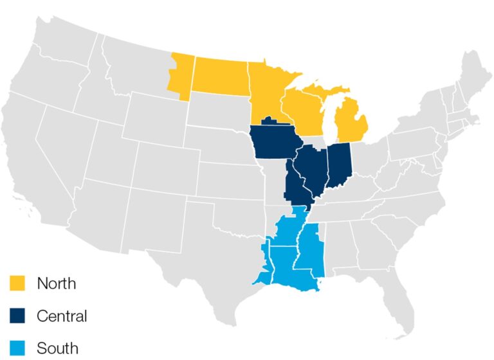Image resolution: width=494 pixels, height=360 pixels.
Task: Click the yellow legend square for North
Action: coord(17,283)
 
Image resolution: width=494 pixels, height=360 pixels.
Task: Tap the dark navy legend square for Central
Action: coord(17,316)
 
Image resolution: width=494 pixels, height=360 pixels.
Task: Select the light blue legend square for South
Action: coord(17,348)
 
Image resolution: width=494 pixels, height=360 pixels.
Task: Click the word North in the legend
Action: coord(57,283)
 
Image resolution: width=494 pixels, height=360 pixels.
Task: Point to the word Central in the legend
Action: coord(62,316)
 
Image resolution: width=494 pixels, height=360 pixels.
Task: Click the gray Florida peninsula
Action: coord(394,309)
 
